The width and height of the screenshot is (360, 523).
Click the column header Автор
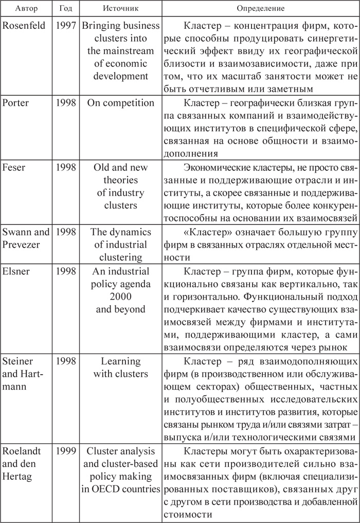[25, 9]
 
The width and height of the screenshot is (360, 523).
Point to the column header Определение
[260, 9]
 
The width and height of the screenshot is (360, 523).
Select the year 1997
[66, 26]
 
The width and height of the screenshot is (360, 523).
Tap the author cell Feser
[15, 168]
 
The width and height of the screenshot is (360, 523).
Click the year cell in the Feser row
[66, 168]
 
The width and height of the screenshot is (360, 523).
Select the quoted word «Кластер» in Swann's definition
[205, 232]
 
